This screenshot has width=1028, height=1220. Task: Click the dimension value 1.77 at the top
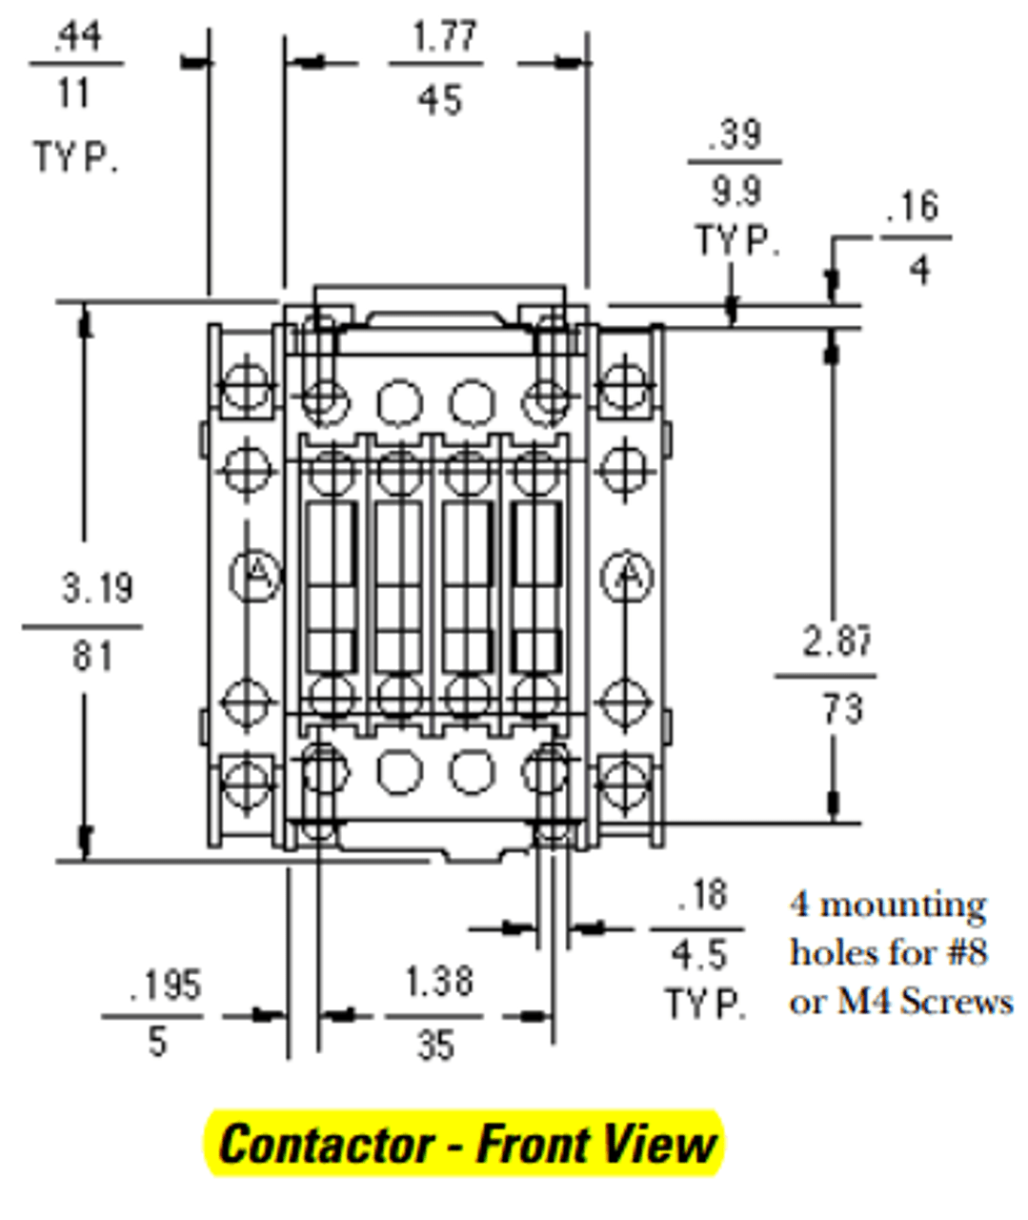[x=443, y=37]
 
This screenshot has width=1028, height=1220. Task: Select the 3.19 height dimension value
[x=97, y=588]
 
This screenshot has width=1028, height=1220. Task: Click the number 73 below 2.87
[x=842, y=709]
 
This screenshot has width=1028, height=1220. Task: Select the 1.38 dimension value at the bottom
[x=439, y=981]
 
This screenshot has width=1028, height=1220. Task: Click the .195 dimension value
[x=165, y=985]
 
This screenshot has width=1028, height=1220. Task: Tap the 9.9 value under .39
[x=736, y=192]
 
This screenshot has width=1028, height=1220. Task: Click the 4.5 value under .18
[x=698, y=954]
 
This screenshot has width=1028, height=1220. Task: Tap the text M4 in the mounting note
[x=866, y=1002]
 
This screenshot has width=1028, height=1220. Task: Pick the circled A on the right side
[x=627, y=575]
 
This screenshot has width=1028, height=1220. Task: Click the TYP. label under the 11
[x=76, y=157]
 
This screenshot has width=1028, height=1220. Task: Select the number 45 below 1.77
[x=439, y=99]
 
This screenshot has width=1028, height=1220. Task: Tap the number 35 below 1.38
[x=435, y=1046]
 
